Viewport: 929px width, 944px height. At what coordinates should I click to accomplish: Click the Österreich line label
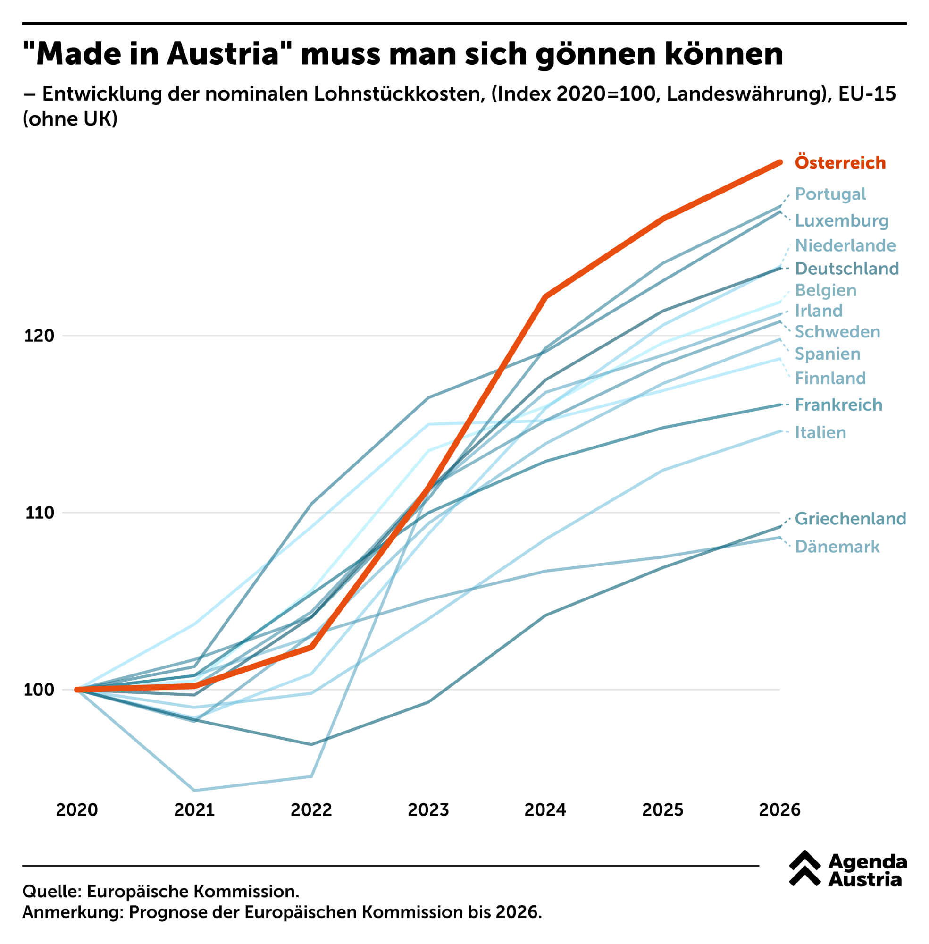tap(840, 162)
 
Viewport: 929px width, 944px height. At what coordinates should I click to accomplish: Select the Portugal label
tap(830, 194)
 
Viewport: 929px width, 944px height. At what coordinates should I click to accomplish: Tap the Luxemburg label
tap(841, 220)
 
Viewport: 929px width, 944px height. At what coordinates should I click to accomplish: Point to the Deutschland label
tap(846, 268)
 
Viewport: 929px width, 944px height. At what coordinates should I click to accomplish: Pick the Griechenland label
tap(850, 518)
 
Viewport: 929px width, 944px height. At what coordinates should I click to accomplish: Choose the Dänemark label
tap(837, 546)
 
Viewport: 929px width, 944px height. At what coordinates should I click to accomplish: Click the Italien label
tap(820, 432)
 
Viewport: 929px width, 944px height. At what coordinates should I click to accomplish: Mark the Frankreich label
tap(838, 404)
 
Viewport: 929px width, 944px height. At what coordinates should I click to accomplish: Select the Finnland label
tap(830, 378)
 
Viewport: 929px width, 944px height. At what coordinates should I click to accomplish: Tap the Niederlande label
tap(845, 245)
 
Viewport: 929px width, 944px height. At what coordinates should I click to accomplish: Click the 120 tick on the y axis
tap(39, 336)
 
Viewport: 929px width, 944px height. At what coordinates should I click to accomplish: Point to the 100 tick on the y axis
tap(39, 690)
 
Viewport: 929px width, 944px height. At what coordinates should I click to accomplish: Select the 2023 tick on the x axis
tap(428, 810)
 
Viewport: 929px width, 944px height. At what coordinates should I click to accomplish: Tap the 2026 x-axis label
tap(779, 810)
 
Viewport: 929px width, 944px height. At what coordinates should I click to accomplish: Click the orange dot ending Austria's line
tap(780, 162)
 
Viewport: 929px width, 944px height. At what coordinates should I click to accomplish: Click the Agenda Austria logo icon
tap(804, 868)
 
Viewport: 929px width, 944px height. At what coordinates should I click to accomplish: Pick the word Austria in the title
tap(223, 54)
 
